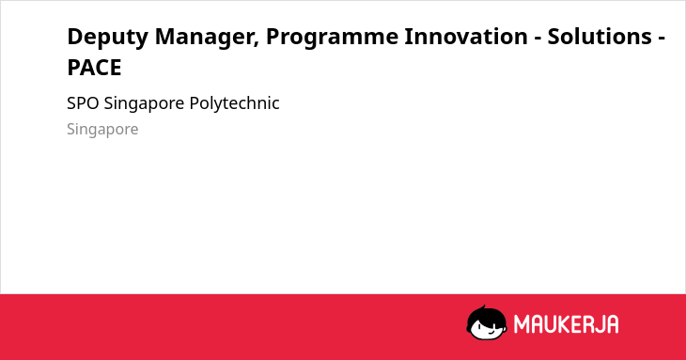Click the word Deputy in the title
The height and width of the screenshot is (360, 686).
coord(108,38)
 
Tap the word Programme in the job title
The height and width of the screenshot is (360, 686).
coord(332,38)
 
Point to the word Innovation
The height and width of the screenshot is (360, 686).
coord(466,37)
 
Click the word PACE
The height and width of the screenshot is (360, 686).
coord(94,68)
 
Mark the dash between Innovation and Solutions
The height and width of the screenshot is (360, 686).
coord(538,38)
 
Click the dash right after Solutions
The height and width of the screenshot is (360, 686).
coord(661,38)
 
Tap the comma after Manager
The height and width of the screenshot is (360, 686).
coord(256,44)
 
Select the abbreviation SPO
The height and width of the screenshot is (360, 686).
coord(83,103)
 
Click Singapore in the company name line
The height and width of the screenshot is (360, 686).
coord(144,104)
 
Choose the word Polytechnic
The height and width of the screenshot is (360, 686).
coord(235,104)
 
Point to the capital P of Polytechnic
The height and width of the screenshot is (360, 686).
coord(194,103)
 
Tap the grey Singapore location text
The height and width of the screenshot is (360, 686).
coord(102,130)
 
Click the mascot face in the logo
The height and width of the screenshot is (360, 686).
coord(487,323)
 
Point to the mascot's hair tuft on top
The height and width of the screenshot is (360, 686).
coord(483,308)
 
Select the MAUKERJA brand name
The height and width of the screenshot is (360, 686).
coord(566,324)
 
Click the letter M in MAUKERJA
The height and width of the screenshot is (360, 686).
coord(522,324)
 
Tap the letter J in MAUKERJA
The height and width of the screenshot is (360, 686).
coord(598,324)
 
